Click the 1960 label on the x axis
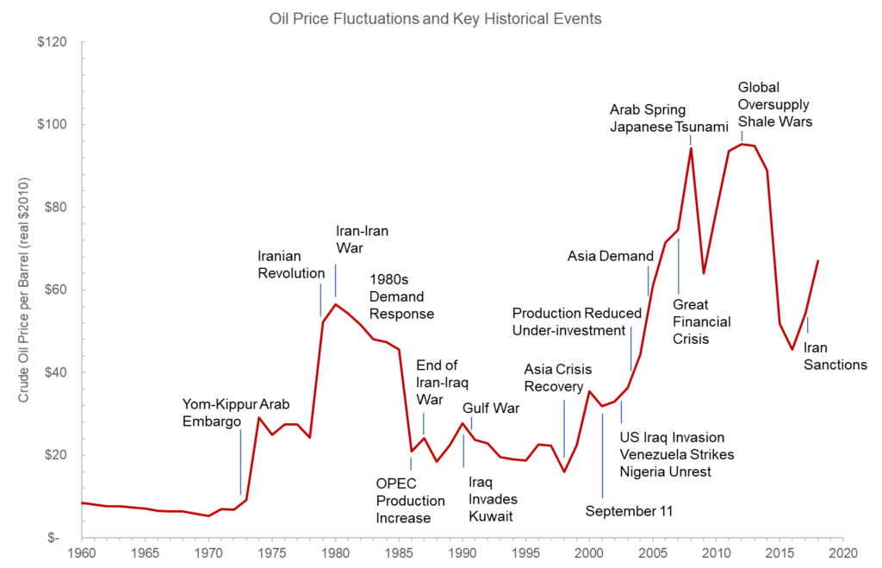[82, 552]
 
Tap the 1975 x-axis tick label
[272, 552]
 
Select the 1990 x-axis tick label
[463, 552]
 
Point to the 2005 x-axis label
[653, 552]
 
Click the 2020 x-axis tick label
[843, 552]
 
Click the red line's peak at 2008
[691, 148]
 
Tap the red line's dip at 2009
[704, 273]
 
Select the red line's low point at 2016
[792, 349]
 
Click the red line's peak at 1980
[336, 303]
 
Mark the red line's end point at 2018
[817, 260]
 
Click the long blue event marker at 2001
[602, 457]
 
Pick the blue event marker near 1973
[240, 461]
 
